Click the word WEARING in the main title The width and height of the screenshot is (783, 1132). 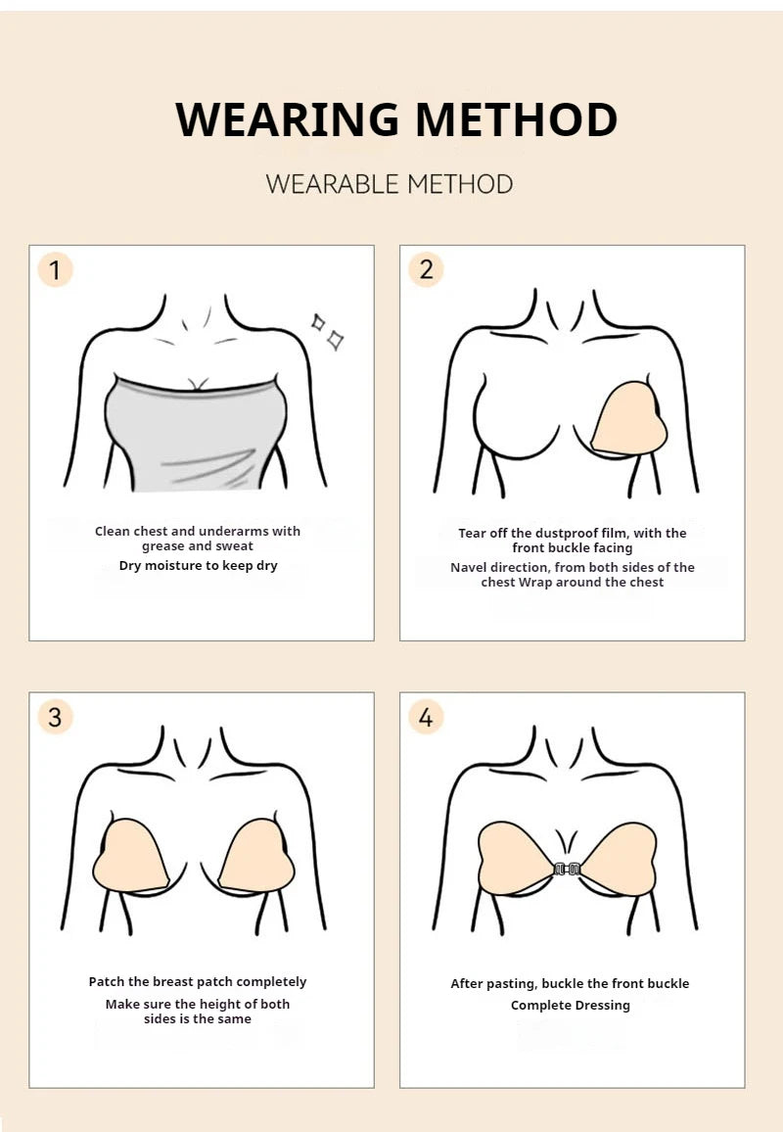click(288, 119)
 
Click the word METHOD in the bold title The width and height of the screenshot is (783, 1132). click(516, 119)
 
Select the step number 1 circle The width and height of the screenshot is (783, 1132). click(55, 269)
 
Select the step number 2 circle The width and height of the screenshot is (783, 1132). click(426, 269)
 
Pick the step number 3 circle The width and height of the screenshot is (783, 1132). click(55, 717)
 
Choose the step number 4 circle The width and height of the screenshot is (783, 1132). click(426, 717)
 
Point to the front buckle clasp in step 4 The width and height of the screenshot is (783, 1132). click(567, 869)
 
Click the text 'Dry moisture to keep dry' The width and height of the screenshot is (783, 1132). click(198, 566)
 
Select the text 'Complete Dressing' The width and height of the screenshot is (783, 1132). click(570, 1006)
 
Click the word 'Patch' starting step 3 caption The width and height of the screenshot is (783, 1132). click(107, 982)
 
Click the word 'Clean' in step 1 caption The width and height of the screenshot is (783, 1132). click(112, 532)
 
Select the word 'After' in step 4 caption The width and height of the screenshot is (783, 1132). click(468, 984)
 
